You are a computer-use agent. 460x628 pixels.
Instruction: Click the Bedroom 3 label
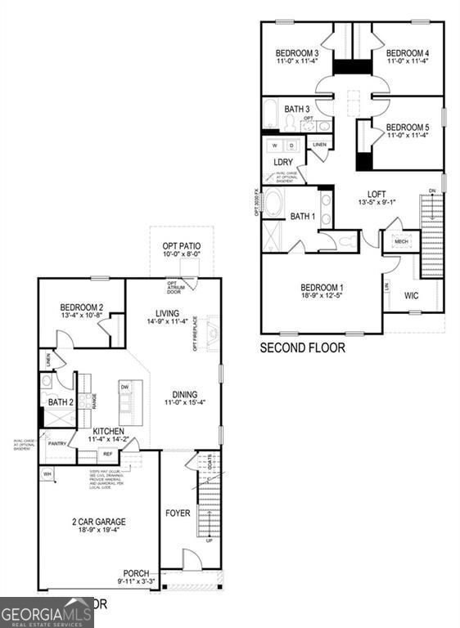coord(297,54)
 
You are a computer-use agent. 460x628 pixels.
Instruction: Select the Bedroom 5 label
coord(407,128)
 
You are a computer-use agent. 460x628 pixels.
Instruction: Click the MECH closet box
coord(401,242)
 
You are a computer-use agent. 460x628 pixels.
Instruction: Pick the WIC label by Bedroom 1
coord(411,295)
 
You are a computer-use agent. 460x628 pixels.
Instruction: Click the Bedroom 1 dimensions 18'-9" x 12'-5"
coord(322,298)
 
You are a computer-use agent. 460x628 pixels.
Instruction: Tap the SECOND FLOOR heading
coord(302,348)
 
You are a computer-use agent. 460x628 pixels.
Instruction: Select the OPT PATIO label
coord(182,246)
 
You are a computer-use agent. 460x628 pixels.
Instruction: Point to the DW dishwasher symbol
coord(124,388)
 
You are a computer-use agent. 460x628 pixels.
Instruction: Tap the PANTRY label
coord(57,444)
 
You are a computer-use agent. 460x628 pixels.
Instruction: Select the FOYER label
coord(178,514)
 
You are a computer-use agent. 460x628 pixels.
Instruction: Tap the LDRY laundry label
coord(282,162)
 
